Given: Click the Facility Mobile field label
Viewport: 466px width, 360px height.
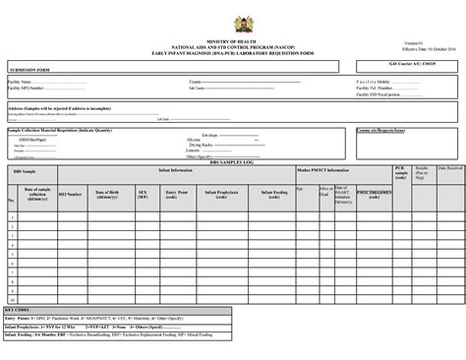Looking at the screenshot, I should [374, 82].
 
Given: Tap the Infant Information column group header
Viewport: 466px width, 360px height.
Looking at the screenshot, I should [178, 169].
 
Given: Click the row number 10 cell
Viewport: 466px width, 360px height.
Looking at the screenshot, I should [11, 298].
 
